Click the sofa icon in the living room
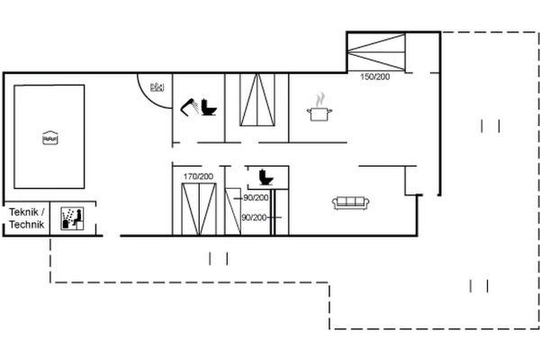click(351, 202)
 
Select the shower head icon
click(189, 107)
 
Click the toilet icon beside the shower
click(209, 107)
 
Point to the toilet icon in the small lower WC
click(265, 177)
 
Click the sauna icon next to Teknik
click(72, 219)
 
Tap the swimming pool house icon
click(50, 138)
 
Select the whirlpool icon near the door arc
click(157, 87)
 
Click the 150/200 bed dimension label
click(375, 76)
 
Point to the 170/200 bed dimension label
click(198, 176)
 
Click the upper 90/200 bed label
click(256, 198)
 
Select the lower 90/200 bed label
click(254, 218)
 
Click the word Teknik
click(23, 211)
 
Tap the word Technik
click(27, 225)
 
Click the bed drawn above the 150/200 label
click(376, 52)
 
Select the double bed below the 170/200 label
click(199, 210)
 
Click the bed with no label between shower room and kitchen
click(257, 100)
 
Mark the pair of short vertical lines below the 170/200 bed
click(219, 258)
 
